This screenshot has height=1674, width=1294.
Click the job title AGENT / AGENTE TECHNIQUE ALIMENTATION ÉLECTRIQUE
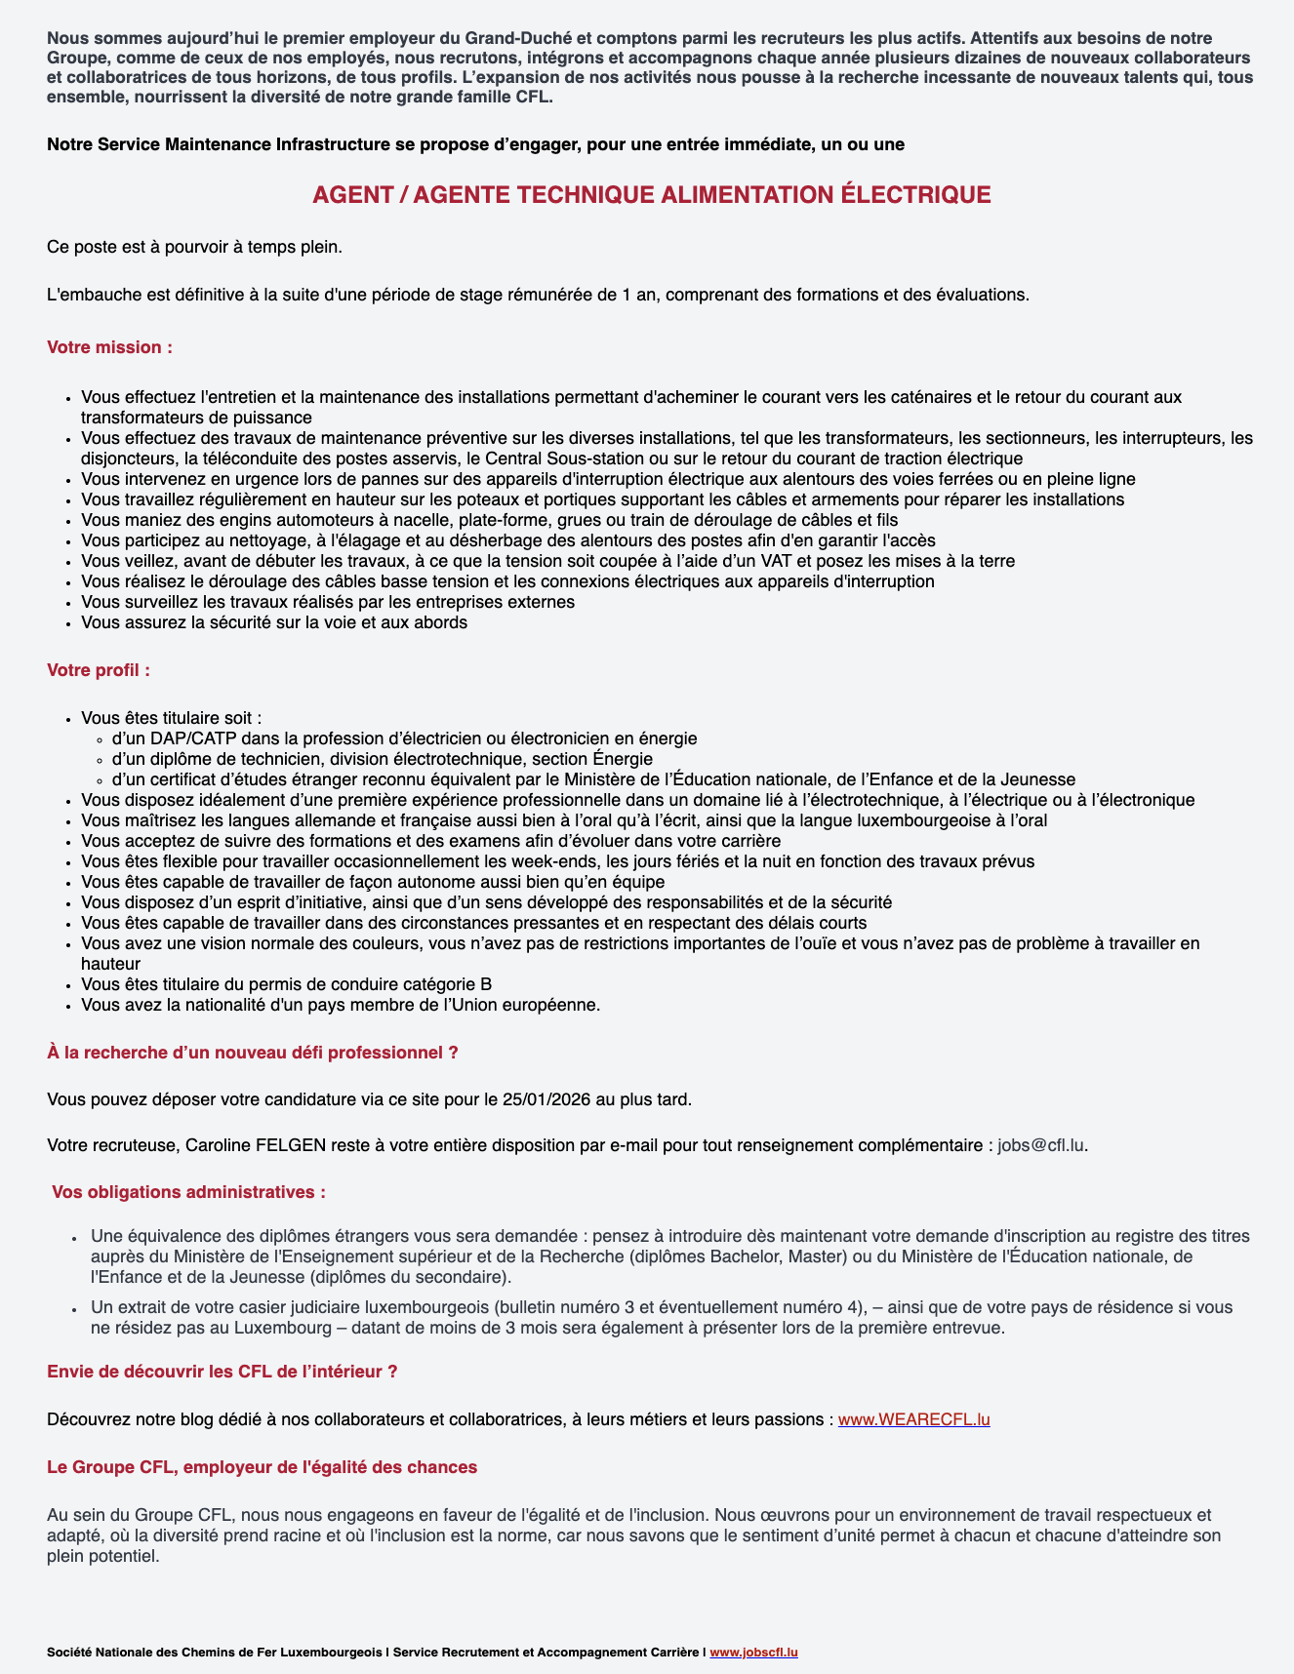pyautogui.click(x=651, y=195)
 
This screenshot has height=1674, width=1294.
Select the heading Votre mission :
pyautogui.click(x=110, y=347)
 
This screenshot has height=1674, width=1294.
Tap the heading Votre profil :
pyautogui.click(x=99, y=670)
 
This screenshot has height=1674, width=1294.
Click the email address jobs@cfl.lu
pyautogui.click(x=1040, y=1144)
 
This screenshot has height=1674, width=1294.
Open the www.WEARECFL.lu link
pyautogui.click(x=913, y=1419)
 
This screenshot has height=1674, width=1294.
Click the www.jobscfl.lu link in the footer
pyautogui.click(x=753, y=1652)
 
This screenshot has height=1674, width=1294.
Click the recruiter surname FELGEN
pyautogui.click(x=291, y=1144)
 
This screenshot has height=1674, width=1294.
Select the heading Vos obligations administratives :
pyautogui.click(x=188, y=1192)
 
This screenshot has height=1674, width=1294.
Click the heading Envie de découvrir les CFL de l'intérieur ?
pyautogui.click(x=222, y=1372)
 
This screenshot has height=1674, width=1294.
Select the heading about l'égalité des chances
pyautogui.click(x=263, y=1466)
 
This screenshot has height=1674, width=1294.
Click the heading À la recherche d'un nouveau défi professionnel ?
pyautogui.click(x=253, y=1053)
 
